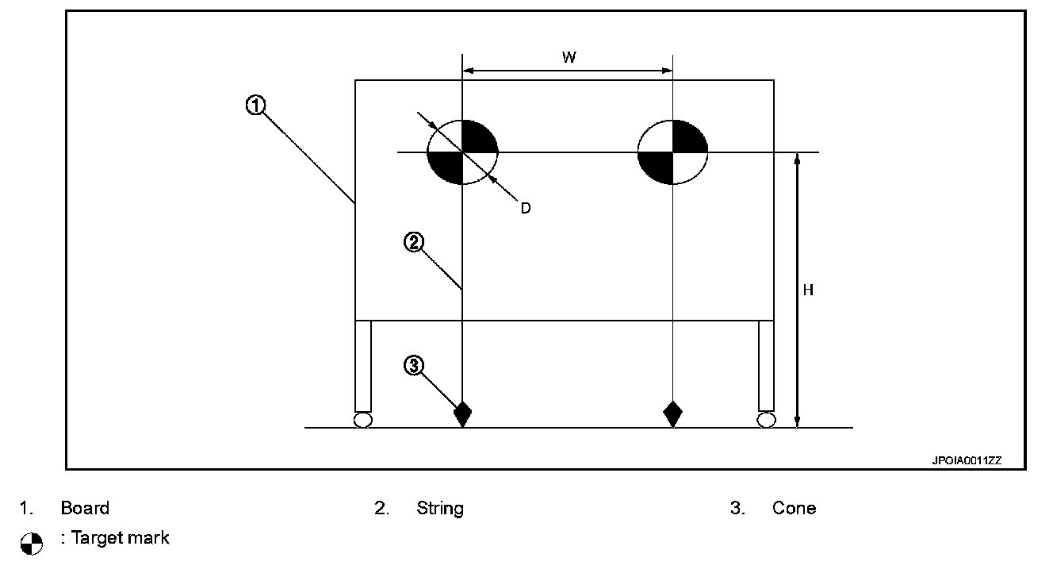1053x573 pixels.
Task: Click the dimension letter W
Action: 569,56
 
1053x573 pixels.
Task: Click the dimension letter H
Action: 808,290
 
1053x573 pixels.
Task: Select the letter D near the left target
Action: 525,208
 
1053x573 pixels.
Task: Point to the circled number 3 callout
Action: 413,366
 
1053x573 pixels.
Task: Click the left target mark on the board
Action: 462,152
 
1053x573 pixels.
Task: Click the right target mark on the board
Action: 672,152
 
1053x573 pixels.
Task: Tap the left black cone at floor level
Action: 462,413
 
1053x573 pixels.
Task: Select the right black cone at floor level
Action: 672,413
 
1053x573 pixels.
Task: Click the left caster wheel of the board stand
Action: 362,420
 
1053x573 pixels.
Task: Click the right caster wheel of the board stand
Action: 766,420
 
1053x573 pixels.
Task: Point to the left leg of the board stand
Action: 363,365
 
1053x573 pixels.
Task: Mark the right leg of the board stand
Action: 766,365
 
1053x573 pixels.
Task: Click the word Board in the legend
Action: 85,508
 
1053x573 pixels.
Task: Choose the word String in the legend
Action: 440,508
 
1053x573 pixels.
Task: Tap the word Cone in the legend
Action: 794,508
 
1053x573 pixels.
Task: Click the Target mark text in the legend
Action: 120,538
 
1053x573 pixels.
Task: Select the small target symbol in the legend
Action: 31,544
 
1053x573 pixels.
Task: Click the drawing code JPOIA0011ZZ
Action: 967,460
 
